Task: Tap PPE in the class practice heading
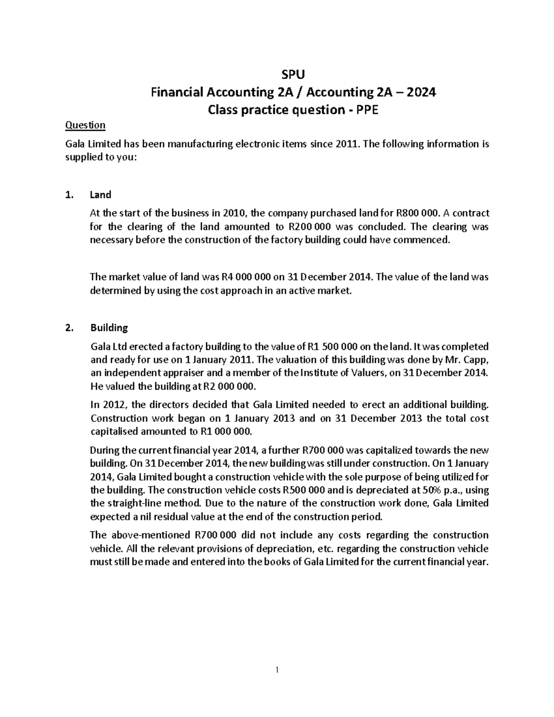coord(365,110)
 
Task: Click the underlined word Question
coord(85,125)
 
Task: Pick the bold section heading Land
coord(101,195)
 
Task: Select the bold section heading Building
coord(109,328)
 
